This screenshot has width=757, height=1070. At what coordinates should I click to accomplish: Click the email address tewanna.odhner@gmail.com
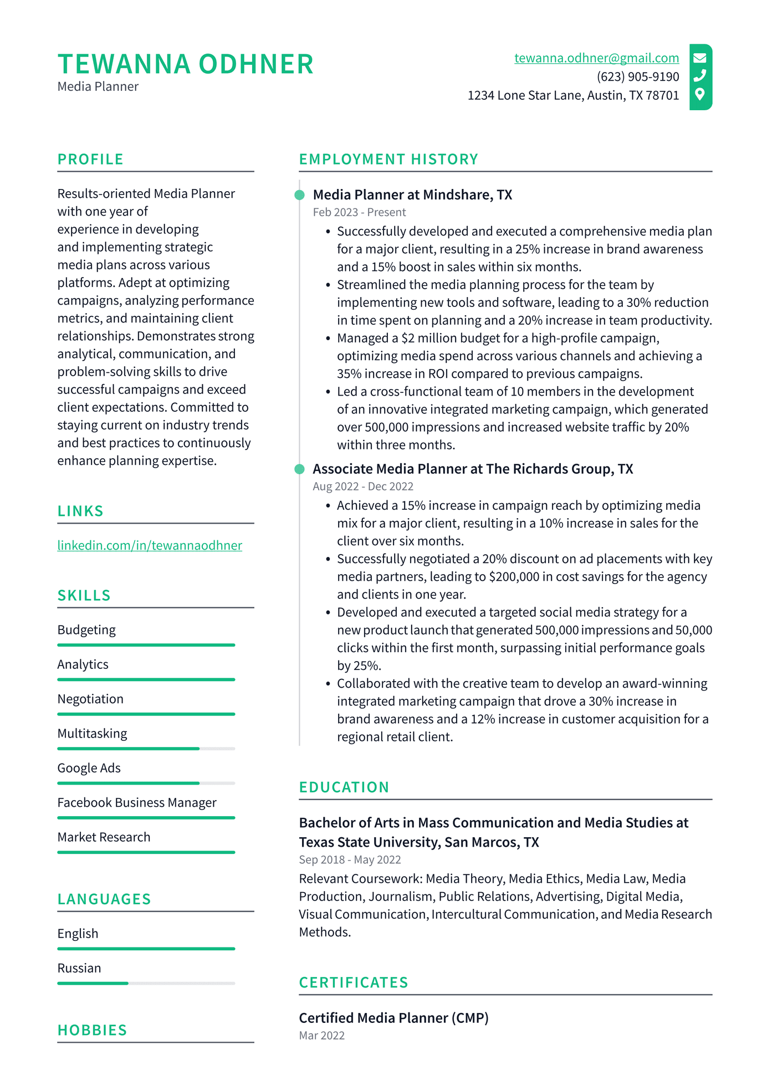coord(596,58)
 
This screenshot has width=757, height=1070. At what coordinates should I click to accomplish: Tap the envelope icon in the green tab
coord(700,58)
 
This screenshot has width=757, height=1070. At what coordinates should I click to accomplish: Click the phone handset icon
coord(700,75)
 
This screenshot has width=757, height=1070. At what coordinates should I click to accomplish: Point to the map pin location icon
coord(700,94)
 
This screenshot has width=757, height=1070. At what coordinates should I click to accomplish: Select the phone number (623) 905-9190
coord(637,76)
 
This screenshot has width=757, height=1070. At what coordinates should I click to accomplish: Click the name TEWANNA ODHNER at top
coord(186,64)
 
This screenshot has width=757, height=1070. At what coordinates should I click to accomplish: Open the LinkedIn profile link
coord(150,545)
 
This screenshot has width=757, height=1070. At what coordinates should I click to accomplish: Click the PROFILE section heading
coord(90,159)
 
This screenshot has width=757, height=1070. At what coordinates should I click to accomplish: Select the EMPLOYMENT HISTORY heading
coord(388,159)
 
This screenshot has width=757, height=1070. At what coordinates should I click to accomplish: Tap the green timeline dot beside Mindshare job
coord(300,195)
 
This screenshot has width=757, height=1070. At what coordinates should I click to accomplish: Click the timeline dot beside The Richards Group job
coord(300,469)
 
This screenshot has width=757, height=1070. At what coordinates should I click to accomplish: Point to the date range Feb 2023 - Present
coord(359,212)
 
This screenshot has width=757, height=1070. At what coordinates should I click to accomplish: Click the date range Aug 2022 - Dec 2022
coord(363,487)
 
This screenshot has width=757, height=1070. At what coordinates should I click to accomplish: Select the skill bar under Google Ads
coord(146,783)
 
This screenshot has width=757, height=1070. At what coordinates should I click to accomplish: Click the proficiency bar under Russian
coord(146,983)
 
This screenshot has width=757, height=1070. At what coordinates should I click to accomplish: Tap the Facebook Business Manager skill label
coord(137,802)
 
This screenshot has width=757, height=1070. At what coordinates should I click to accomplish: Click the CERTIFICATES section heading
coord(354,982)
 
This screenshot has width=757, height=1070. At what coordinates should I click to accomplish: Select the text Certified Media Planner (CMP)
coord(393,1018)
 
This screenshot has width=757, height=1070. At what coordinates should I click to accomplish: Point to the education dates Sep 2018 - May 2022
coord(350,860)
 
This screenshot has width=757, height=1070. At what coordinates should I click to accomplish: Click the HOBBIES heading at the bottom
coord(92,1030)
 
